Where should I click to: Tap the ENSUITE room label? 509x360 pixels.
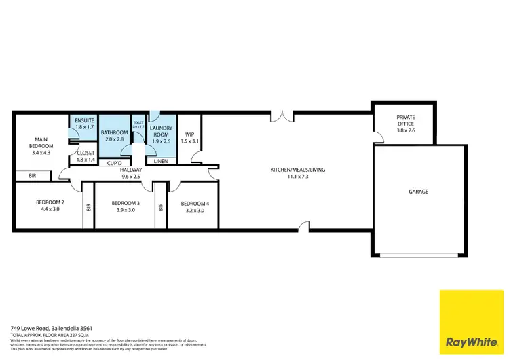pos(84,120)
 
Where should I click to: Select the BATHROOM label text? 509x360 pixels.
pos(115,132)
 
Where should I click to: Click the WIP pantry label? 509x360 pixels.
pos(190,134)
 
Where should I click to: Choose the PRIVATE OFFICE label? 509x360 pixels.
pos(405,120)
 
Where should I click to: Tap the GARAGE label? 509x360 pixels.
pos(418,192)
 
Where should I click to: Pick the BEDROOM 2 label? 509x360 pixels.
pos(50,202)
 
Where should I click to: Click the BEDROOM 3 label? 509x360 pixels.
pos(126,203)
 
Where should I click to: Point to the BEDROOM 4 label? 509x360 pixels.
pos(194,203)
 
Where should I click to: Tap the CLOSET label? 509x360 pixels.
pos(86,154)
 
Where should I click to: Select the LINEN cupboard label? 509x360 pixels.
pos(162,161)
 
